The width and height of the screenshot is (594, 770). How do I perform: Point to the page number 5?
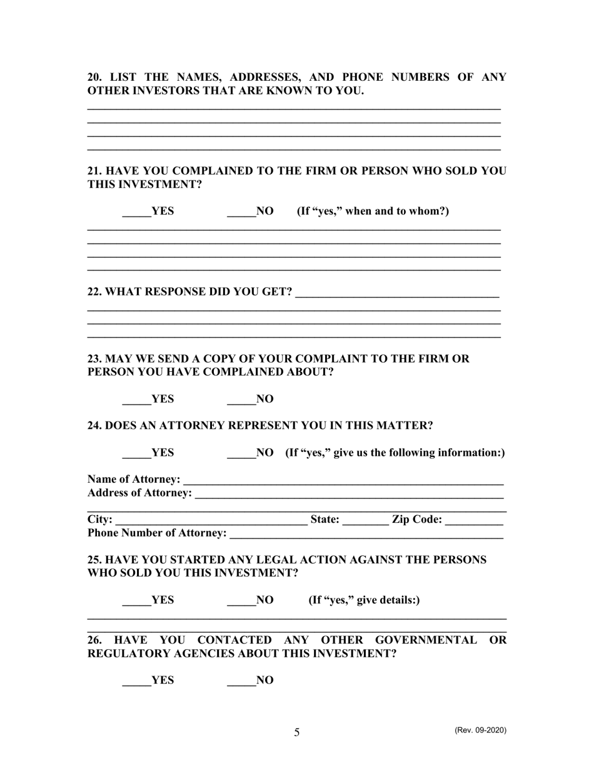296,732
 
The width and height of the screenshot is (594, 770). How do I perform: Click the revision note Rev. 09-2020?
480,730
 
